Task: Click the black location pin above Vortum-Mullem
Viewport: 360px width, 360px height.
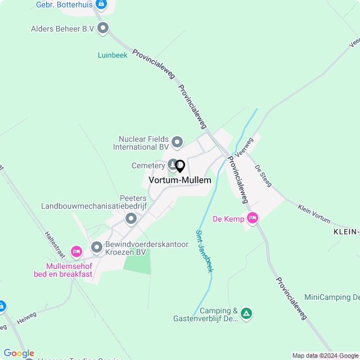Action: click(x=180, y=166)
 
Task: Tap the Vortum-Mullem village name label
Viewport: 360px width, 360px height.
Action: click(x=180, y=181)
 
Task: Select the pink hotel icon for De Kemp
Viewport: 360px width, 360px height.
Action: click(x=252, y=218)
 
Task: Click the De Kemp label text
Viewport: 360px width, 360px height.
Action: click(x=228, y=219)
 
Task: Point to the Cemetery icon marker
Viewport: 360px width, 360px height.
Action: click(x=172, y=164)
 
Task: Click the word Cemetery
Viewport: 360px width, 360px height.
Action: click(x=148, y=166)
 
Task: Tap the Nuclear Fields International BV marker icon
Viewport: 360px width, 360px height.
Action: click(x=177, y=142)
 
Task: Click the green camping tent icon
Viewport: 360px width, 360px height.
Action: click(x=246, y=314)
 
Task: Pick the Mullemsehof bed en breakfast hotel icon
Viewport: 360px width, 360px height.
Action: click(x=76, y=251)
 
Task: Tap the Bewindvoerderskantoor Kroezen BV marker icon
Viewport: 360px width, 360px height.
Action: click(x=97, y=246)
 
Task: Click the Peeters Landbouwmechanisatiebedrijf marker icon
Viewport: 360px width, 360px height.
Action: click(x=131, y=218)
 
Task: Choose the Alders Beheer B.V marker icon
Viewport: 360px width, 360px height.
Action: click(x=103, y=28)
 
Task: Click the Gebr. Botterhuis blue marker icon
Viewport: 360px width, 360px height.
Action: click(x=101, y=5)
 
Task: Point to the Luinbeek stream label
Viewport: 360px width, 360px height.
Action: click(x=112, y=55)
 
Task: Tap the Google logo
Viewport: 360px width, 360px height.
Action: click(x=19, y=353)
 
